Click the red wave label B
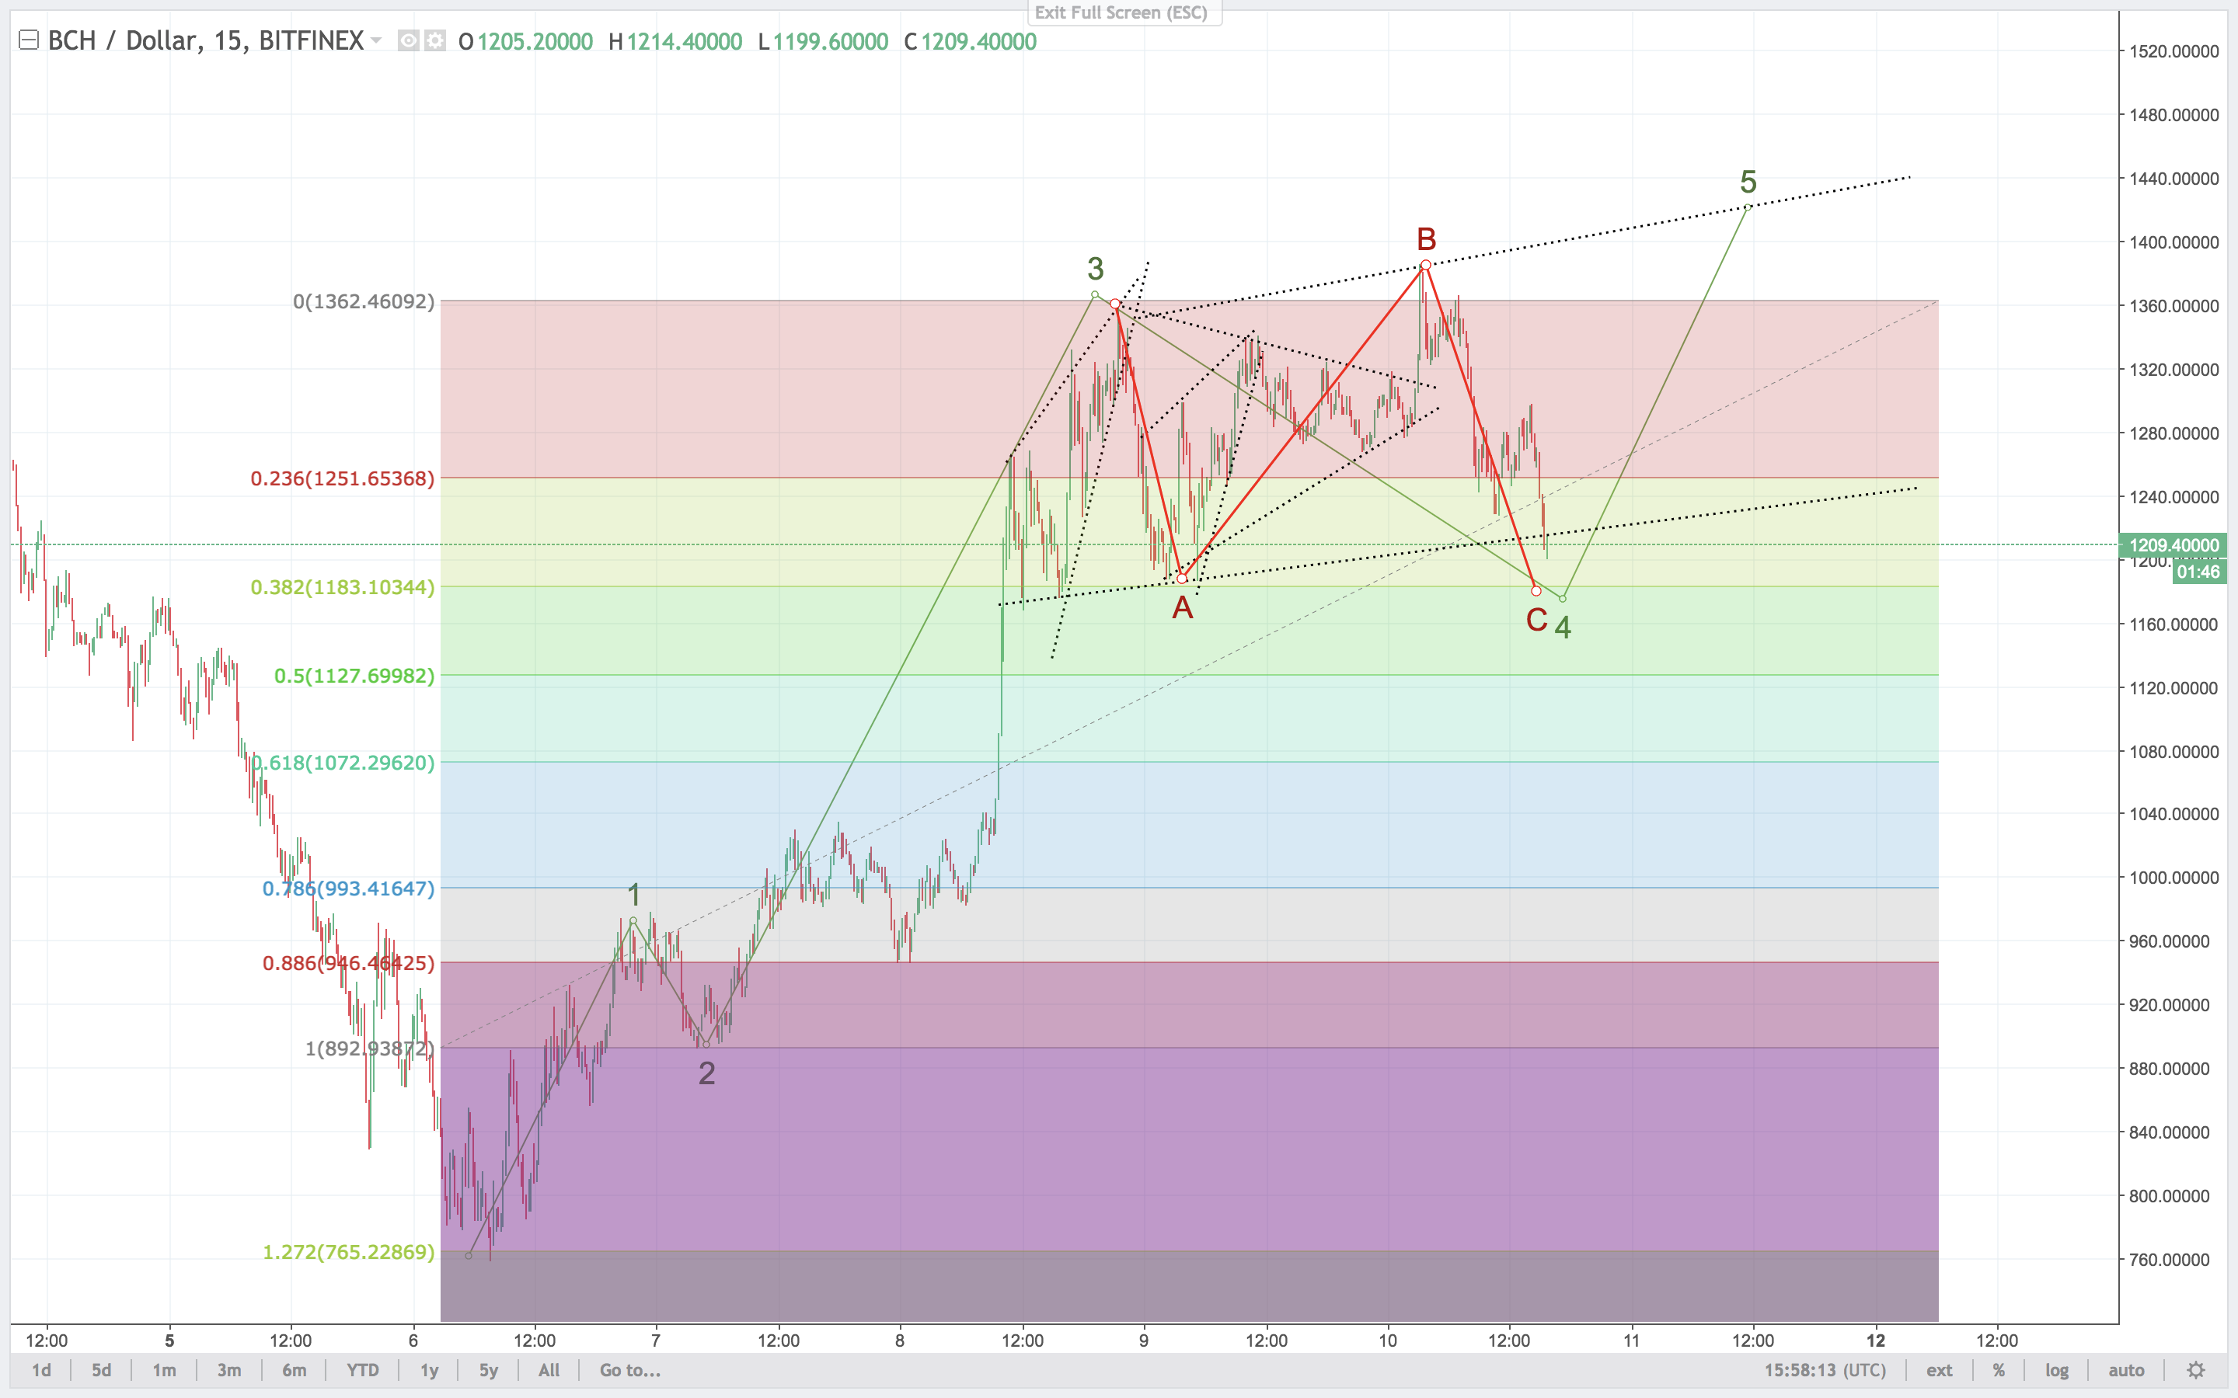1426,239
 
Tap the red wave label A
1182,608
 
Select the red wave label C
1536,620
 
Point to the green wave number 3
1095,269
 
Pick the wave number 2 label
706,1073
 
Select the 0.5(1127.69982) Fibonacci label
354,676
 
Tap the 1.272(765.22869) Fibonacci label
349,1252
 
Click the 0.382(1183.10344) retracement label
342,587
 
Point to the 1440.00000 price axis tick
2174,179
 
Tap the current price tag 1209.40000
2174,544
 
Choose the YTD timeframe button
363,1370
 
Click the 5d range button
101,1370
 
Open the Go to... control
629,1370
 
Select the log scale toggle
2056,1370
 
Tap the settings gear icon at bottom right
2195,1370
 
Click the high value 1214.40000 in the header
685,42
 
